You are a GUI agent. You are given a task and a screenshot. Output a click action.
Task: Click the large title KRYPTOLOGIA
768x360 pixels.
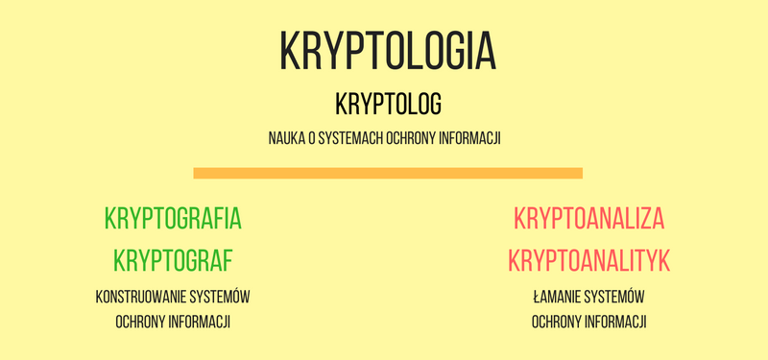pos(388,50)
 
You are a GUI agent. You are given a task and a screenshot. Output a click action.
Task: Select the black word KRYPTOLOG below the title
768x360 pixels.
pos(388,103)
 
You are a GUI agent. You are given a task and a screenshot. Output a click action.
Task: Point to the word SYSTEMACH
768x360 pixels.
pos(353,139)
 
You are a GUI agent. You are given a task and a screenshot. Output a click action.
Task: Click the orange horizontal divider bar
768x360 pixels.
pos(388,173)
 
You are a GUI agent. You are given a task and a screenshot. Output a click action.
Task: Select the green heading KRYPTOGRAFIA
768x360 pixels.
pos(173,218)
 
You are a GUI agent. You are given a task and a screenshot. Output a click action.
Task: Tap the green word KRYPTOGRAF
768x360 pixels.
pos(173,260)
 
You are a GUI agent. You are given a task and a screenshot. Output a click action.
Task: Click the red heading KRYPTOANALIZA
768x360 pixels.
pos(589,218)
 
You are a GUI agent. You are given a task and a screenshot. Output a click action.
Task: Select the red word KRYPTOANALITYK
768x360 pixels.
pos(589,260)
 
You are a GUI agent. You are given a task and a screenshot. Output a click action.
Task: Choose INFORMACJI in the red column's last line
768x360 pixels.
pos(617,322)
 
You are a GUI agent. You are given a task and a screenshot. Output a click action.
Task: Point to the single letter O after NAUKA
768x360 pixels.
pos(315,139)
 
